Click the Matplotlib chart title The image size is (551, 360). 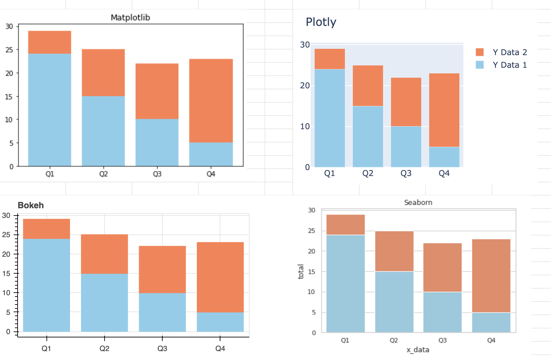[x=130, y=18]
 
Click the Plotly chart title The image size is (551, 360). [x=321, y=22]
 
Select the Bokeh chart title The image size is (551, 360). [x=31, y=205]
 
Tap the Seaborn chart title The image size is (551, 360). [x=418, y=202]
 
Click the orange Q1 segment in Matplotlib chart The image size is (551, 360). [x=49, y=42]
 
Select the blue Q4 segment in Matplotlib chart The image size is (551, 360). [x=211, y=154]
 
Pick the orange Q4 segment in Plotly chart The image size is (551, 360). [x=444, y=110]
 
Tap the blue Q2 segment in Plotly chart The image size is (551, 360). [x=368, y=136]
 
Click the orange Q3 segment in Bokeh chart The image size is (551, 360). [x=162, y=269]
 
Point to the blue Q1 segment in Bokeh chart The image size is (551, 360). [x=46, y=285]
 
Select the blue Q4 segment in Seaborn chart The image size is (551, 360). [x=491, y=322]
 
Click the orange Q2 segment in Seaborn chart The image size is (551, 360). [x=394, y=251]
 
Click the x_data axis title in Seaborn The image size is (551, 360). [x=418, y=350]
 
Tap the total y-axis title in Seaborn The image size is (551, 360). [x=301, y=271]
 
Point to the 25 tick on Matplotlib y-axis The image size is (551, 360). [x=9, y=50]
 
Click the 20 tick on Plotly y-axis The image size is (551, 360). [x=305, y=86]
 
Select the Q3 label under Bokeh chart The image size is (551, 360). [x=162, y=348]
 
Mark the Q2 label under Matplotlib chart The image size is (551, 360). [x=103, y=174]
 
